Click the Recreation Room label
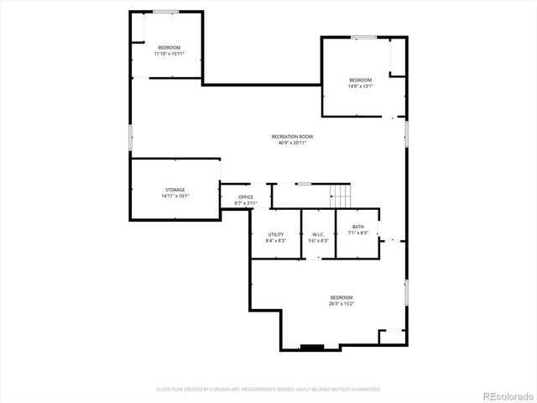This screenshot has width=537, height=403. click(292, 137)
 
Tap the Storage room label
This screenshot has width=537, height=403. click(175, 190)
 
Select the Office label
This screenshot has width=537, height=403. click(245, 197)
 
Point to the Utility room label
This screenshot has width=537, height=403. click(275, 234)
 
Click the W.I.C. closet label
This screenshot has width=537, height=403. click(318, 234)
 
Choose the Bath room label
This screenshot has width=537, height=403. click(357, 227)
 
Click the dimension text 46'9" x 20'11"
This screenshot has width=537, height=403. click(292, 143)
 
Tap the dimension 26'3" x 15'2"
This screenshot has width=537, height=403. click(341, 304)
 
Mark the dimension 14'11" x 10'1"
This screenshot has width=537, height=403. click(175, 196)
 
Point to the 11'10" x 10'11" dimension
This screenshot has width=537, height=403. click(169, 53)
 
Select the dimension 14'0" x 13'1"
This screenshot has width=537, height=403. click(361, 86)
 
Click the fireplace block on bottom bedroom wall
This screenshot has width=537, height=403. click(312, 347)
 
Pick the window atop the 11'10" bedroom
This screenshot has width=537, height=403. click(165, 12)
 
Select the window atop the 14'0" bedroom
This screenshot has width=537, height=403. click(363, 37)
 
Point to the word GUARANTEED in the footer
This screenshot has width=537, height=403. click(362, 390)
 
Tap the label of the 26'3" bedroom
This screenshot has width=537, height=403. click(341, 298)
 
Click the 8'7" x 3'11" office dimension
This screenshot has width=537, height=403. click(245, 203)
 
